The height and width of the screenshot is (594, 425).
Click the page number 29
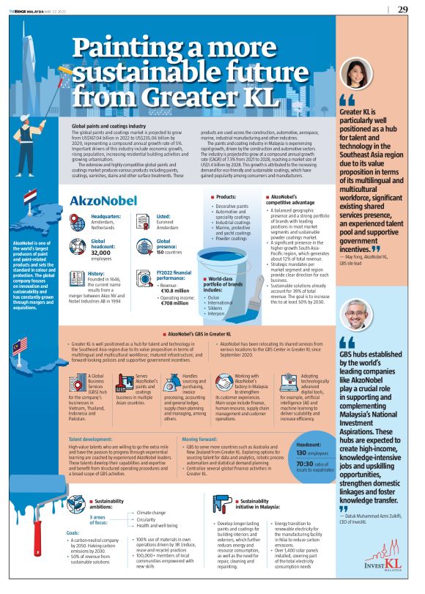pos(403,10)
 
